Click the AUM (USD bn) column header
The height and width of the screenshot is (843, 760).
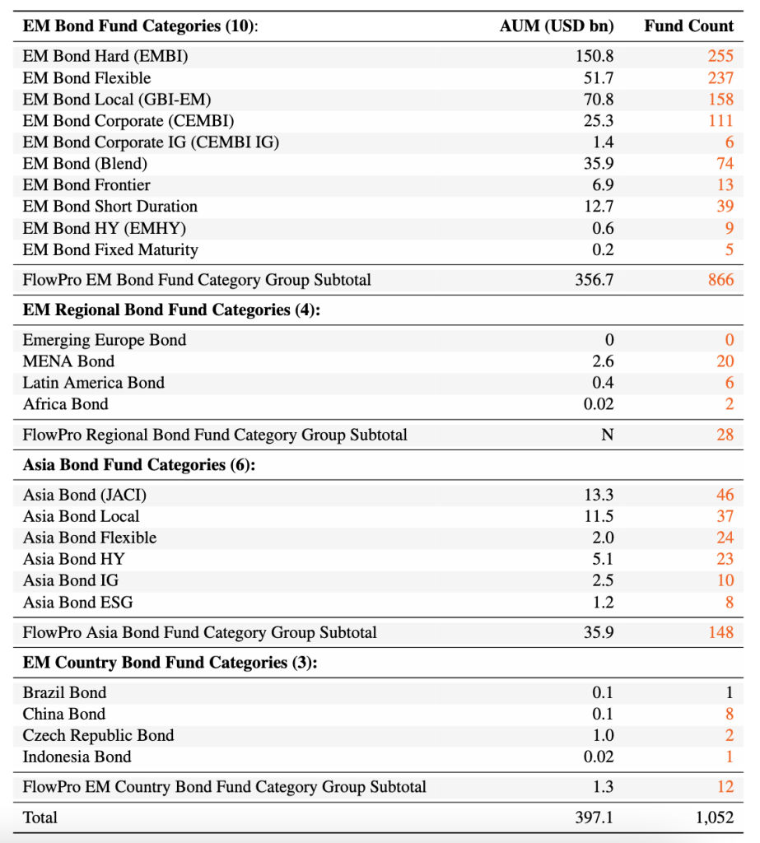pyautogui.click(x=557, y=26)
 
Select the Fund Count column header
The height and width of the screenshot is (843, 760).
pyautogui.click(x=688, y=26)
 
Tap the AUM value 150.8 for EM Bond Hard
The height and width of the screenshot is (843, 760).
pyautogui.click(x=594, y=57)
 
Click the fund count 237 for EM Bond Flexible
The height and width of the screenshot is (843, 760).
pyautogui.click(x=720, y=78)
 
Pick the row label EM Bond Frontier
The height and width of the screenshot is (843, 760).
pyautogui.click(x=86, y=185)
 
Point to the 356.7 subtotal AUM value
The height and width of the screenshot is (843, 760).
pyautogui.click(x=594, y=280)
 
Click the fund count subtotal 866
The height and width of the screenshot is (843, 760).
pyautogui.click(x=720, y=280)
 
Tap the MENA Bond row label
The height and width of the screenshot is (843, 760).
pyautogui.click(x=68, y=361)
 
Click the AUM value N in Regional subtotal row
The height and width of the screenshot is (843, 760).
pyautogui.click(x=607, y=435)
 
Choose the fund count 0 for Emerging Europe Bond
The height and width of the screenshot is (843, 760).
pyautogui.click(x=729, y=340)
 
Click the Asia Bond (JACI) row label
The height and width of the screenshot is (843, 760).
pyautogui.click(x=85, y=495)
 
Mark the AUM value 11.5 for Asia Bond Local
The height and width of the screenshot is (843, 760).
pyautogui.click(x=599, y=516)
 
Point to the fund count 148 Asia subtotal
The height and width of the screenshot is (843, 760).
pyautogui.click(x=720, y=633)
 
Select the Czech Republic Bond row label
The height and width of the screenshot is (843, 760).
pyautogui.click(x=98, y=735)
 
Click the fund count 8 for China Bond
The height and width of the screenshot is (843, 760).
pyautogui.click(x=729, y=714)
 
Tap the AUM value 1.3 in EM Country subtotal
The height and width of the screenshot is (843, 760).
pyautogui.click(x=603, y=787)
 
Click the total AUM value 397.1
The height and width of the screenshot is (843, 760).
pyautogui.click(x=594, y=817)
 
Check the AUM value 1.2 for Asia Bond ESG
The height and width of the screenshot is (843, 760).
pyautogui.click(x=603, y=603)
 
